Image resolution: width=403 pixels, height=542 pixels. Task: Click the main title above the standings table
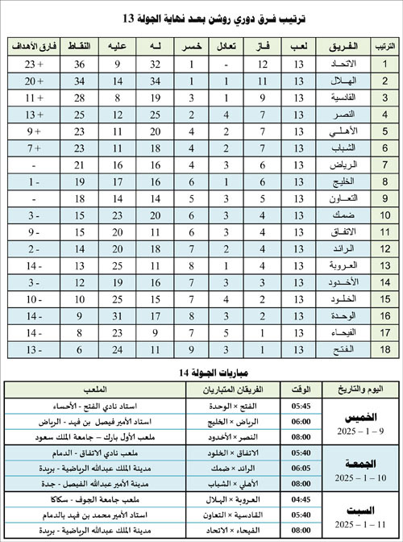point(201,17)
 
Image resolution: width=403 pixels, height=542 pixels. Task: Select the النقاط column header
point(81,45)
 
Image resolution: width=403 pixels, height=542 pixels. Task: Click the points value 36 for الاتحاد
point(81,64)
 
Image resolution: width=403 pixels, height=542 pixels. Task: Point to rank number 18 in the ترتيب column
point(384,349)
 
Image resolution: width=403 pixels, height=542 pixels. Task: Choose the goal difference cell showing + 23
point(32,64)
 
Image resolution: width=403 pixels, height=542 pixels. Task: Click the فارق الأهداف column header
point(32,45)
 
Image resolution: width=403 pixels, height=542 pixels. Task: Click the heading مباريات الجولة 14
point(201,371)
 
